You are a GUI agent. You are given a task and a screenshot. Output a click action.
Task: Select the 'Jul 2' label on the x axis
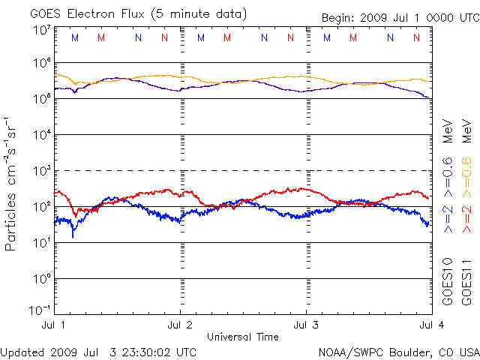pyautogui.click(x=180, y=325)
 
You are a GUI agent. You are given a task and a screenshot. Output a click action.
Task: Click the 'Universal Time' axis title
pyautogui.click(x=242, y=336)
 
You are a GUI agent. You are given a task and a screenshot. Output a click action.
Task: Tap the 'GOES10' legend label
pyautogui.click(x=448, y=281)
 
